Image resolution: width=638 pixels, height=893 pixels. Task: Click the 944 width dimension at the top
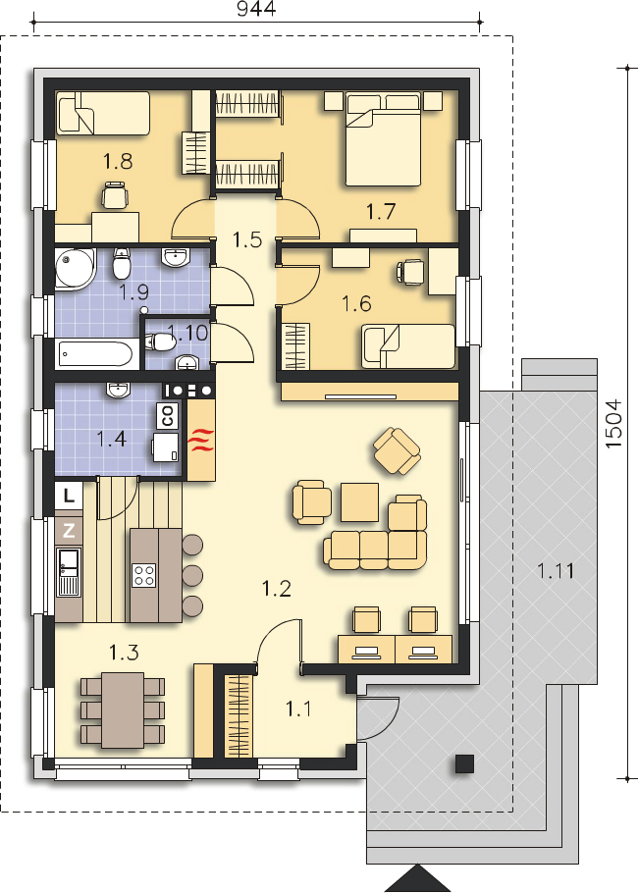pos(256,9)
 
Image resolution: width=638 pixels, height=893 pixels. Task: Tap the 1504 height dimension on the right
pos(614,423)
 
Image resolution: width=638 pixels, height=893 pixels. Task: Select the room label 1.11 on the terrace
pos(556,570)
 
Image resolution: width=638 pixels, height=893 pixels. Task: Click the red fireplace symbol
pos(202,441)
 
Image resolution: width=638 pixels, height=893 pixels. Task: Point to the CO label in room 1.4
pos(168,416)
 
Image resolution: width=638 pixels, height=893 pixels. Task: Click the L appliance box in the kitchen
pos(69,496)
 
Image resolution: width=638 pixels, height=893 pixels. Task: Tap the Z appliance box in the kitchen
pos(69,531)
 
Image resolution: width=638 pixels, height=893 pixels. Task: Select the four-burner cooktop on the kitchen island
pos(143,575)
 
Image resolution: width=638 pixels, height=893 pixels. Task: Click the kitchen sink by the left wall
pos(69,572)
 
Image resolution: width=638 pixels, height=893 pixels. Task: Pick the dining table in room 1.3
pos(123,709)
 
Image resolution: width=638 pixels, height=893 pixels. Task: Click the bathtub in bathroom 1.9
pos(97,353)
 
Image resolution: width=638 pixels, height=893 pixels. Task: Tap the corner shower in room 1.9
pos(76,268)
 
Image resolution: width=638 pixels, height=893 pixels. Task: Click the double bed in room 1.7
pos(383,139)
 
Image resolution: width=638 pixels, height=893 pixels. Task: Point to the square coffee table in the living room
pos(359,501)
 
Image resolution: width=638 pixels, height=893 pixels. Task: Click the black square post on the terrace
pos(465,763)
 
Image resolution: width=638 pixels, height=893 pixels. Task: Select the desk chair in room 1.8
pos(115,194)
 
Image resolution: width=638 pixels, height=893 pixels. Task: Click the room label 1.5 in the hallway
pos(247,239)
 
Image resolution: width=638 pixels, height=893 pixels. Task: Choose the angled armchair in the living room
pos(397,451)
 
